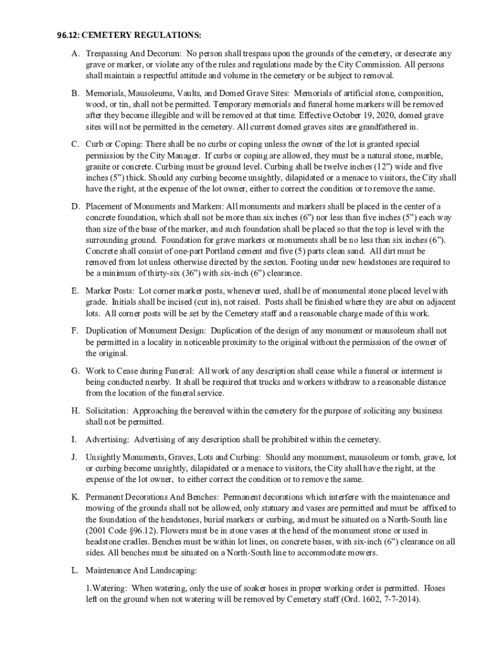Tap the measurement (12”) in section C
[355, 167]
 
